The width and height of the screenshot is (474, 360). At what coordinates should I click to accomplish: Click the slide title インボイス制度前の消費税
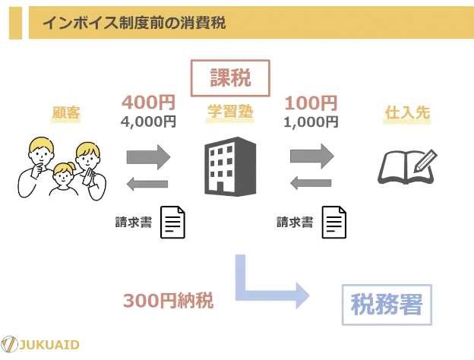click(134, 23)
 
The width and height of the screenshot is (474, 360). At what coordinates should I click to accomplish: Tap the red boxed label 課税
click(230, 78)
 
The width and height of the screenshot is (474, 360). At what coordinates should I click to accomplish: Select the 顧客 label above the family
click(66, 112)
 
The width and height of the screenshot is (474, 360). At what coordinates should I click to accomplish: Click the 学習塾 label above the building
click(230, 111)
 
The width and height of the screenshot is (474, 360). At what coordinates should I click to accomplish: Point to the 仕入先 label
click(407, 112)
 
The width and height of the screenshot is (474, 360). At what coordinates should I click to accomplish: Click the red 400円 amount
click(148, 103)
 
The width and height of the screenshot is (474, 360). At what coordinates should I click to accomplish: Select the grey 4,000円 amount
click(148, 122)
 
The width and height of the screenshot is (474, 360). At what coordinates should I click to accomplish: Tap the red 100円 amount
click(311, 103)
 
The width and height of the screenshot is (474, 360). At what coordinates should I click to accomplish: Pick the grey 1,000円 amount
click(311, 122)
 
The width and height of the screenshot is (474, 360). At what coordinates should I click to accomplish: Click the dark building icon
click(230, 166)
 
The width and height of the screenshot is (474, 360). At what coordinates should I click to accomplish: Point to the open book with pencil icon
click(407, 166)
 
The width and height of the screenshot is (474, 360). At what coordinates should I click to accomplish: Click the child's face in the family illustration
click(63, 175)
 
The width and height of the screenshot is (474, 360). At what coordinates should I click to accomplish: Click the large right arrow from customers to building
click(148, 157)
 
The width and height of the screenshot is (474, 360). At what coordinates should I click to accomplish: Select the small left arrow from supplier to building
click(311, 182)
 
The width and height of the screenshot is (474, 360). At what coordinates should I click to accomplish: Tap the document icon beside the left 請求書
click(172, 223)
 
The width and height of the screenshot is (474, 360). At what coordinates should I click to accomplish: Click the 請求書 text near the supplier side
click(295, 223)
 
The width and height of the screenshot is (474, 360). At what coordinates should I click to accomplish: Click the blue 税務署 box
click(387, 305)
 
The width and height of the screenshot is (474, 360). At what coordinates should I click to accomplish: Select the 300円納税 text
click(169, 301)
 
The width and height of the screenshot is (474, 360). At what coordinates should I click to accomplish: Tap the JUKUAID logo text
click(49, 345)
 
